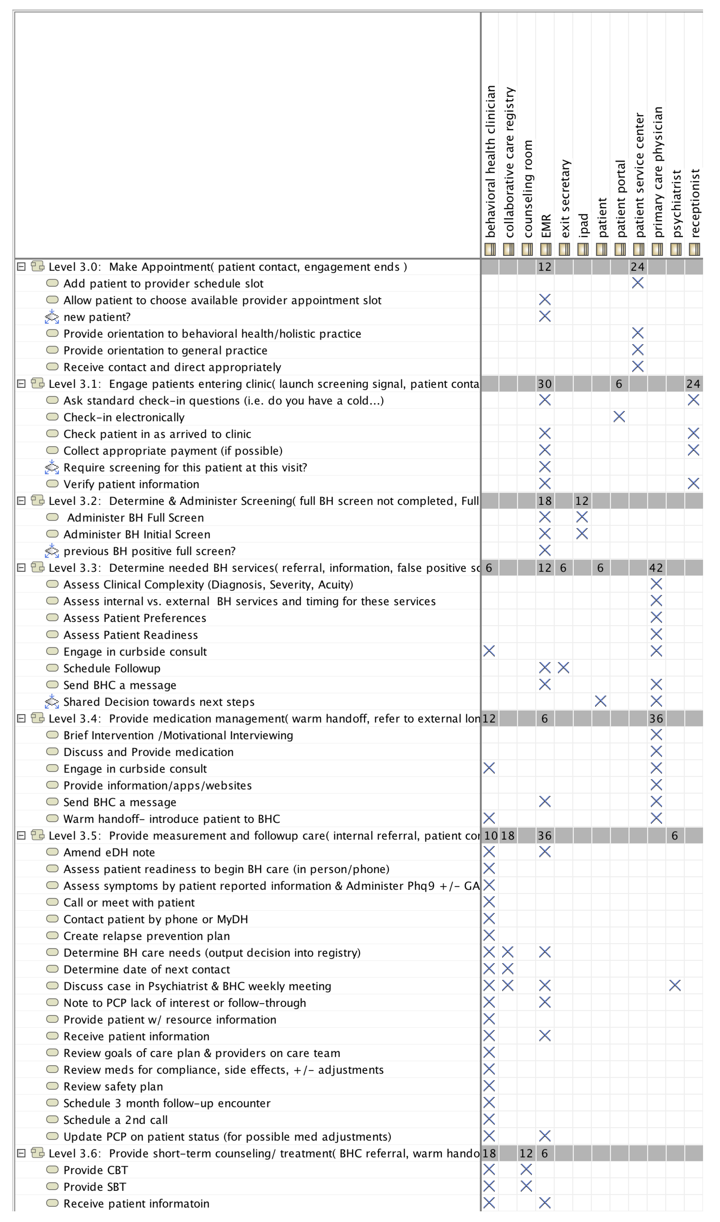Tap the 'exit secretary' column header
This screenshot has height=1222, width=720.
click(x=564, y=199)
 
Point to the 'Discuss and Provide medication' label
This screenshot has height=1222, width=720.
click(x=148, y=752)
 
